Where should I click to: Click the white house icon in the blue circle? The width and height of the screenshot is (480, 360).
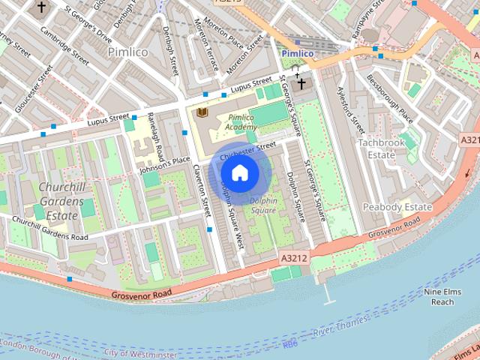tap(239, 173)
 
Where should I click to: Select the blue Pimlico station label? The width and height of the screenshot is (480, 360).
tap(298, 55)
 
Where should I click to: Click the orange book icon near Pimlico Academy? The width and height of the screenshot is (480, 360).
tap(201, 112)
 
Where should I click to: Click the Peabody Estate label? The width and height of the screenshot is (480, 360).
tap(397, 207)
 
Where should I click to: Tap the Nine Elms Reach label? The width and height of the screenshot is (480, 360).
tap(439, 297)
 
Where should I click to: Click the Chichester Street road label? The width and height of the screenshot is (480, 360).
tap(243, 152)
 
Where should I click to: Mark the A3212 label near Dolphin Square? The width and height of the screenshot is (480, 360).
tap(293, 257)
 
